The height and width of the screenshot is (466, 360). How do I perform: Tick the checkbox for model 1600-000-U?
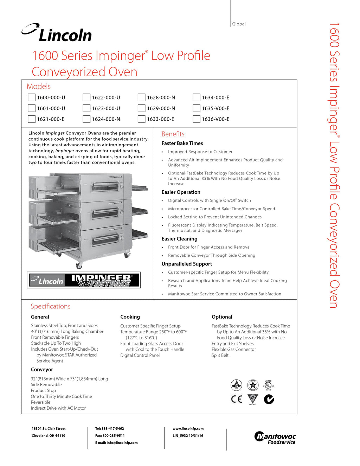click(32, 97)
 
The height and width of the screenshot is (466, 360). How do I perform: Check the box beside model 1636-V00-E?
click(197, 119)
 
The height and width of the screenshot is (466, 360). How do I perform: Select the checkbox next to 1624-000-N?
click(86, 119)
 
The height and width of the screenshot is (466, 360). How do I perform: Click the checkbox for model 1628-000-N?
click(142, 97)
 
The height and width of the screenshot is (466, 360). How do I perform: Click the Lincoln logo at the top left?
click(57, 33)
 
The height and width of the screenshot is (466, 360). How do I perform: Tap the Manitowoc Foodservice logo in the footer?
click(275, 438)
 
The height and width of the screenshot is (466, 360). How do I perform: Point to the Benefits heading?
click(173, 134)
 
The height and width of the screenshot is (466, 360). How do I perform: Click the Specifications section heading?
click(51, 306)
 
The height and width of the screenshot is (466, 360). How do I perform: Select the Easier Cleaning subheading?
click(179, 239)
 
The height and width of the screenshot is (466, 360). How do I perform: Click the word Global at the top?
click(239, 24)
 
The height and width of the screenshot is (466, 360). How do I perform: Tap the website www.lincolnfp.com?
click(188, 429)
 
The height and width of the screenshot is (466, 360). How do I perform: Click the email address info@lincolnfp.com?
click(122, 443)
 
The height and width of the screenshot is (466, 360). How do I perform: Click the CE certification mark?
click(237, 399)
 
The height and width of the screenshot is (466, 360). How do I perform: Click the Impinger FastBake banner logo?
click(84, 280)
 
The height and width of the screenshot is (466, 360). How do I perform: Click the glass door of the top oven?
click(105, 186)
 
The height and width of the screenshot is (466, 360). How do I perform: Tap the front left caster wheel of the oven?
click(79, 265)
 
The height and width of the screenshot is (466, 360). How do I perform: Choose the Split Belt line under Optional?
click(220, 356)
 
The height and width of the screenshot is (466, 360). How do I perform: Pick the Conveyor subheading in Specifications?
click(42, 370)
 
